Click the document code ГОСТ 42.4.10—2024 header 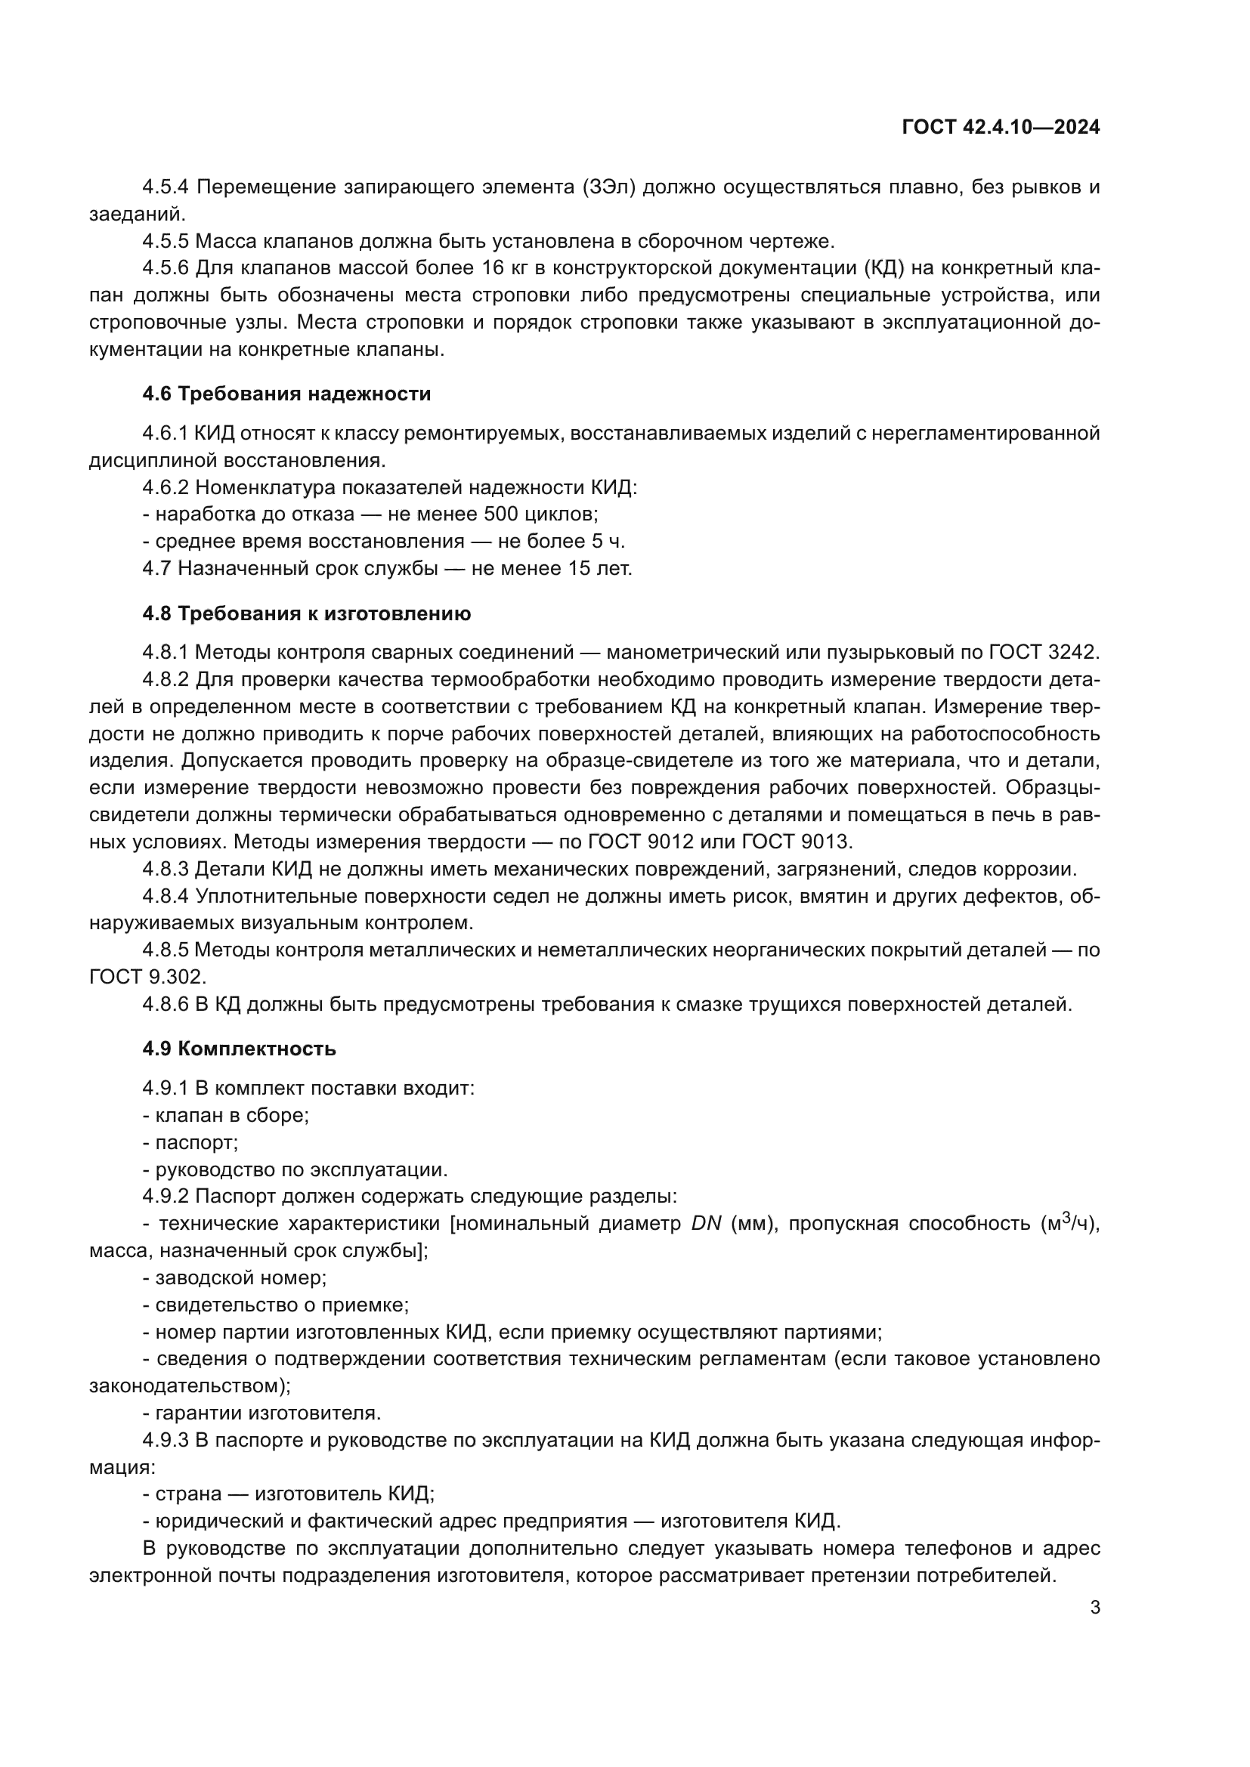1001,127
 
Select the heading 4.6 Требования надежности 286,394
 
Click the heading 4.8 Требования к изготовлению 306,613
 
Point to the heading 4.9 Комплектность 240,1049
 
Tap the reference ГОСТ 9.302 148,978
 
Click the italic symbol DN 706,1224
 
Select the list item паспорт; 196,1143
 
